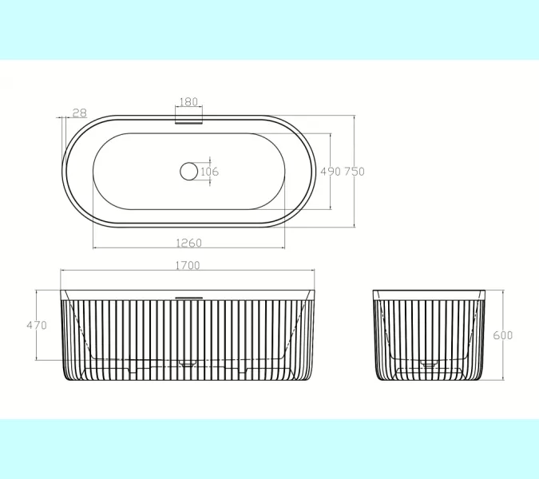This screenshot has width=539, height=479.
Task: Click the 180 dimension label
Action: point(188,101)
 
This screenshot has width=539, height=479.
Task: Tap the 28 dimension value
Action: point(80,113)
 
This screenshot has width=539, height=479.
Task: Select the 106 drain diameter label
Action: point(209,172)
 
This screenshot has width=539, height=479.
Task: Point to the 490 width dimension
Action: point(331,171)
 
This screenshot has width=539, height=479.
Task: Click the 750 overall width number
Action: point(355,171)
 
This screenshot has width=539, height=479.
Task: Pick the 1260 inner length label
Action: point(188,243)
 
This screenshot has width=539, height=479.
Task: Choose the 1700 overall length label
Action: point(188,266)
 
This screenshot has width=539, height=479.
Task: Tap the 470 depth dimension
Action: point(37,325)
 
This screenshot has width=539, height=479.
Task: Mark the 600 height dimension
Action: point(502,335)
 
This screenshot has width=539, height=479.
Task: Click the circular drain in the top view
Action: point(188,172)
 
